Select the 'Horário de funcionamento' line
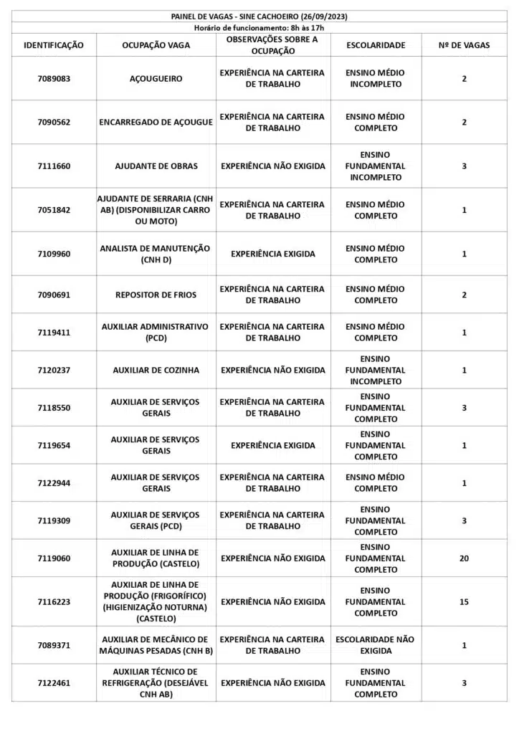coord(259,27)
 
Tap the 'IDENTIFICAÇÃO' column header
coord(54,45)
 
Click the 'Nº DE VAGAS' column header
coord(464,45)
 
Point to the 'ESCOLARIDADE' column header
coord(376,45)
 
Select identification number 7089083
coord(54,79)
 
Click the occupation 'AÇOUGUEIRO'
coord(156,79)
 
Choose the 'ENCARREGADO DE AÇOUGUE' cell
coord(156,123)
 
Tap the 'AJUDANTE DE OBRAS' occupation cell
coord(156,166)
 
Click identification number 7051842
coord(54,210)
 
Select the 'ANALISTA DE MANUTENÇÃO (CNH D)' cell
coord(156,254)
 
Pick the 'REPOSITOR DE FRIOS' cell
coord(156,295)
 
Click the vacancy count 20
coord(464,558)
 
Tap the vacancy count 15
coord(464,602)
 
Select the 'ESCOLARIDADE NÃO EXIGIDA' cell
coord(376,645)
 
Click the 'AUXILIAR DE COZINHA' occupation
coord(156,371)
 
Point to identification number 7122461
coord(54,683)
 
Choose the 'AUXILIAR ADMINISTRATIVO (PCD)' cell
coord(156,332)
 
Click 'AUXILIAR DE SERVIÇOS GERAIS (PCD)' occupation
coord(156,520)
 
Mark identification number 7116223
coord(54,602)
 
